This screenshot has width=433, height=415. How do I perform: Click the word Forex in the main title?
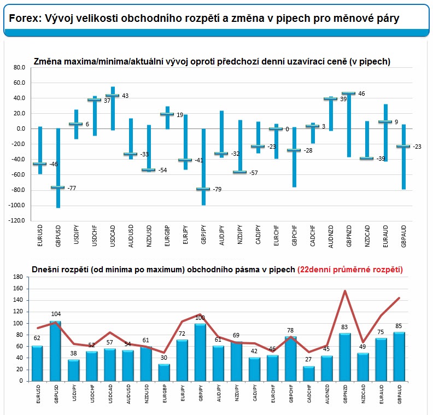(x=24, y=19)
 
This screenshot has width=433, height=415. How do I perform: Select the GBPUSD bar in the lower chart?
(x=55, y=351)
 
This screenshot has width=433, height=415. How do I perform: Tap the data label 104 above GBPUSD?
(x=56, y=314)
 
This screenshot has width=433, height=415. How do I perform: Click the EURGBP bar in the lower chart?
(x=164, y=372)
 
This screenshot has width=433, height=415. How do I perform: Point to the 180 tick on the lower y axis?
(x=17, y=277)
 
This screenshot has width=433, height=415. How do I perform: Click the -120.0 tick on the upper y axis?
(x=16, y=220)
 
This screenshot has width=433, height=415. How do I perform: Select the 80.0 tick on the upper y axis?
(x=19, y=68)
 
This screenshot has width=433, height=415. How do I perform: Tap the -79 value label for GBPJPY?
(x=218, y=189)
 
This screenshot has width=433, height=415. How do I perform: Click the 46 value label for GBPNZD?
(x=361, y=93)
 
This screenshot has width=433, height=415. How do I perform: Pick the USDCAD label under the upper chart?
(x=113, y=236)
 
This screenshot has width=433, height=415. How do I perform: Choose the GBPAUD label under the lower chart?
(x=400, y=394)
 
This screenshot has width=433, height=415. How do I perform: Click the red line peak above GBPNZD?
(x=345, y=291)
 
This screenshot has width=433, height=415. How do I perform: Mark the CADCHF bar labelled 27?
(x=309, y=374)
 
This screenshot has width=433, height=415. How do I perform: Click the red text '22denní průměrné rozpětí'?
(x=350, y=270)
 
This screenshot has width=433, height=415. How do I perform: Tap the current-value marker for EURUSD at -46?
(x=40, y=163)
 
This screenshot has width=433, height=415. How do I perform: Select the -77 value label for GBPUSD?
(x=72, y=188)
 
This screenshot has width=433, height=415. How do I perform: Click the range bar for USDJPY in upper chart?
(x=76, y=124)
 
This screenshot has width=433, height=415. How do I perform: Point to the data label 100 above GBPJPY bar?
(x=200, y=318)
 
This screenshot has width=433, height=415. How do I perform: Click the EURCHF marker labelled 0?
(x=276, y=128)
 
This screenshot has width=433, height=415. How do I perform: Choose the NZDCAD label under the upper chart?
(x=367, y=236)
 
